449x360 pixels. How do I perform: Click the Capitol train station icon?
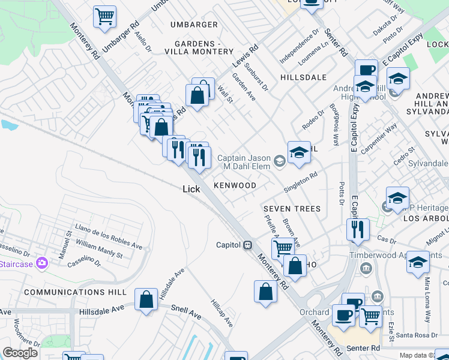click(x=247, y=245)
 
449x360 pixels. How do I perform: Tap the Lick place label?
click(x=191, y=189)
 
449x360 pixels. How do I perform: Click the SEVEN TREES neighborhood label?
click(x=291, y=209)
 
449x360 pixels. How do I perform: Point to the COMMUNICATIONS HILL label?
click(x=76, y=292)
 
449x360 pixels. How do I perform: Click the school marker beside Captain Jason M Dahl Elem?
click(x=298, y=152)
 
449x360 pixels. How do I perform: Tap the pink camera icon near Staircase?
click(x=42, y=262)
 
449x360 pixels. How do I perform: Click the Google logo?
click(x=20, y=353)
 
